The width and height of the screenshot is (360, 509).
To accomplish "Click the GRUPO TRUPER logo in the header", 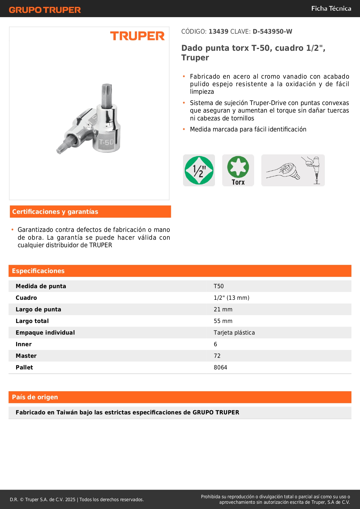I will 45,10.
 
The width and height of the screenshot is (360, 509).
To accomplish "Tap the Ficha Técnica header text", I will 331,8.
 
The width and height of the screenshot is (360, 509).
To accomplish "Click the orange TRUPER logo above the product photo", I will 137,36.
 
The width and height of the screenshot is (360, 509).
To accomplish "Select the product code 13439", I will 218,32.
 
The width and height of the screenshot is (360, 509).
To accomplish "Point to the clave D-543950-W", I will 272,32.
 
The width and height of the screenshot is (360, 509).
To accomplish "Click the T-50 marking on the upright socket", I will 106,142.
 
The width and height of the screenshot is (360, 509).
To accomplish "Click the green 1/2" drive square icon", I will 199,170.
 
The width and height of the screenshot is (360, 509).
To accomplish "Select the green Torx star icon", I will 238,167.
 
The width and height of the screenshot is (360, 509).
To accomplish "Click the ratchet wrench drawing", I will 283,171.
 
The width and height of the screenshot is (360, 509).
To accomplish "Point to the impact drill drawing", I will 314,168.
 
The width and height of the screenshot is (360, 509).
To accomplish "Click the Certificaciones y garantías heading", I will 55,212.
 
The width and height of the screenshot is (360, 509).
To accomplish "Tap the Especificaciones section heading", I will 38,271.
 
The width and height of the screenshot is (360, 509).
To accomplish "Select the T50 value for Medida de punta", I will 219,286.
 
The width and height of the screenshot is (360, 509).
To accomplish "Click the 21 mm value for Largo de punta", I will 223,309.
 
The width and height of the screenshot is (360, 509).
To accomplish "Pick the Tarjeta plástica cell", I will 234,333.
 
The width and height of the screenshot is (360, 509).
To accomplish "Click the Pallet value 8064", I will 220,367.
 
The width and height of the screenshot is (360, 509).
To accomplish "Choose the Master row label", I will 26,356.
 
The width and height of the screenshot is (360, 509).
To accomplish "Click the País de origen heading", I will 35,397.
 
